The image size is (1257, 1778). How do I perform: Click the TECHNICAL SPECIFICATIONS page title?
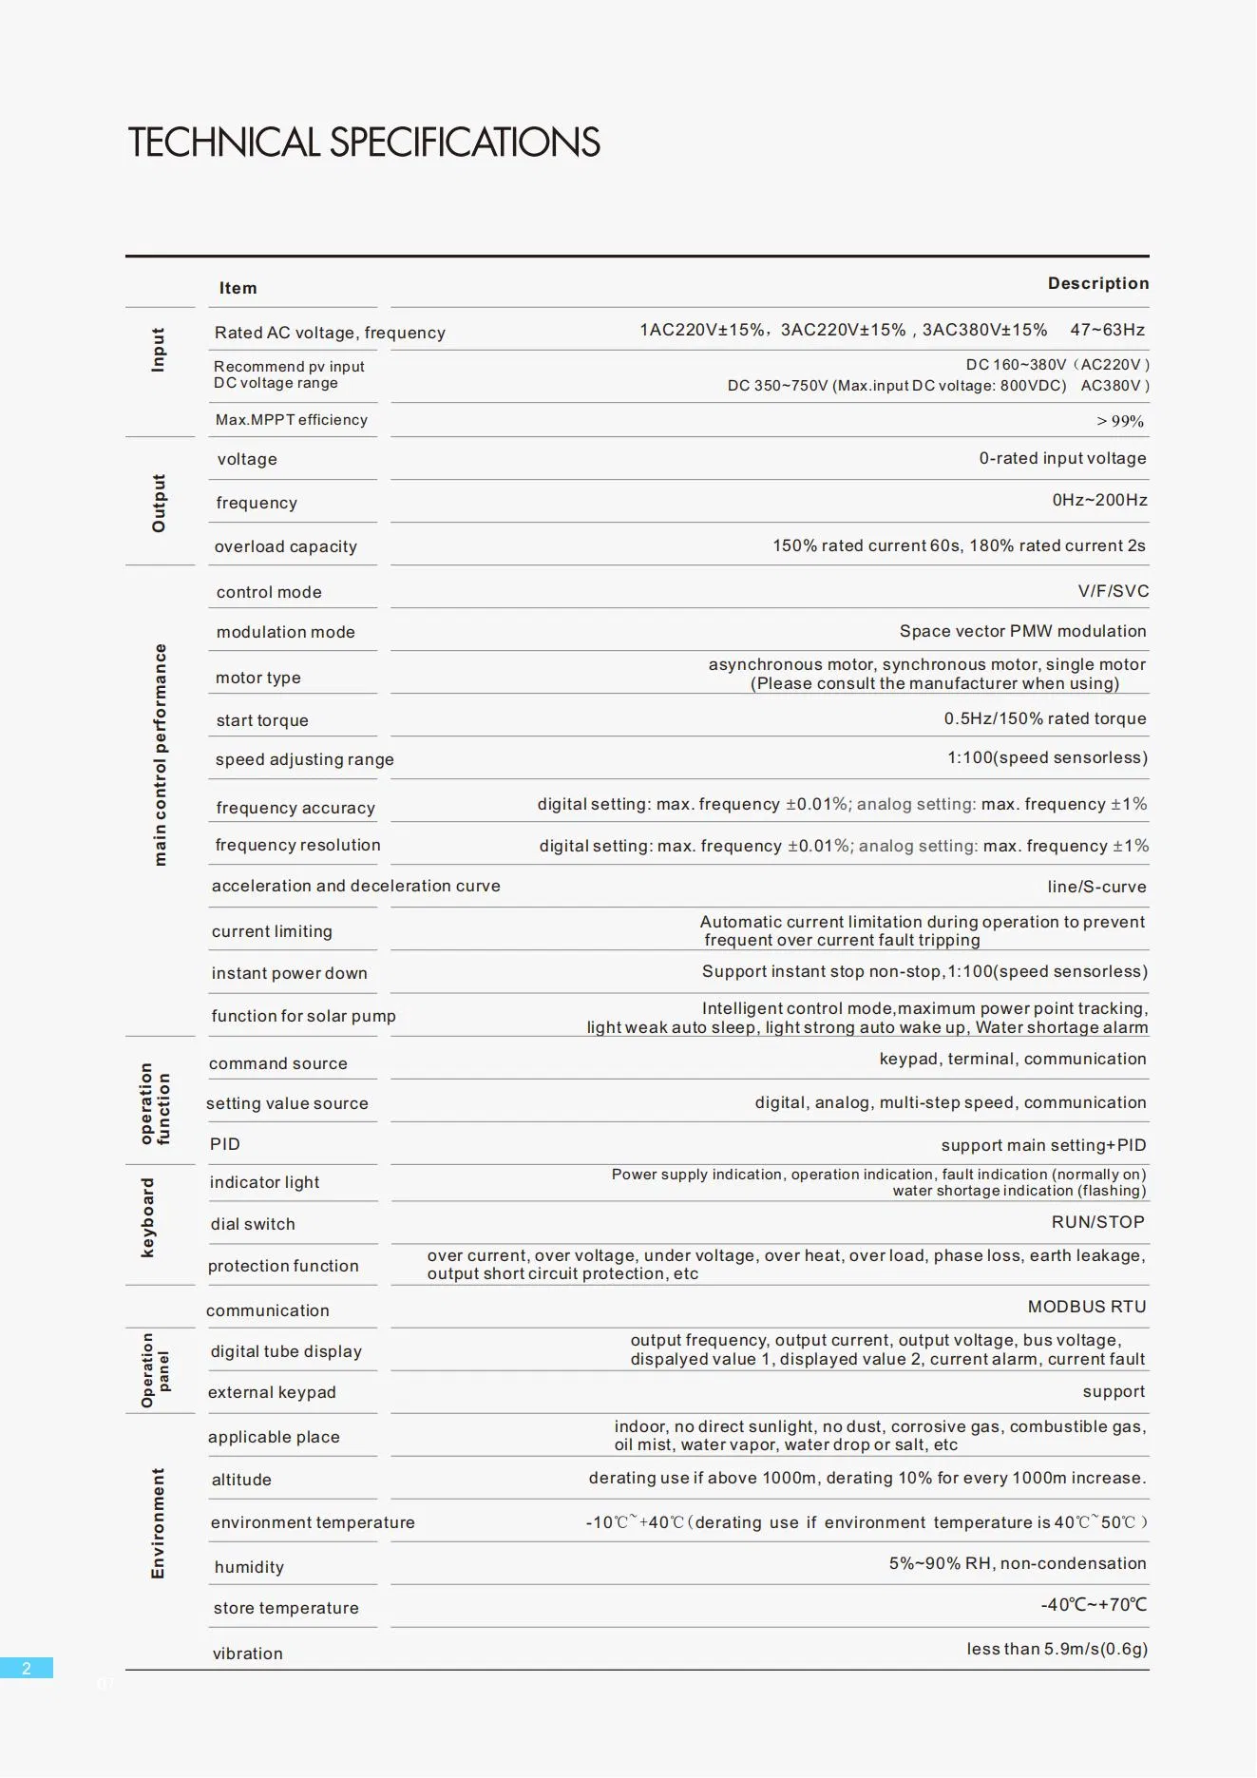pos(364,143)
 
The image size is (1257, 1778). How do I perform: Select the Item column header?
pos(238,288)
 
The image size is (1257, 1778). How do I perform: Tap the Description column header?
pos(1097,283)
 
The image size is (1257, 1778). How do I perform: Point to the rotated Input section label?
pos(159,350)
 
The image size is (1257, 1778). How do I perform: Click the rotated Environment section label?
pos(158,1523)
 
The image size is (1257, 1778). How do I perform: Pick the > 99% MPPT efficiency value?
pos(1120,421)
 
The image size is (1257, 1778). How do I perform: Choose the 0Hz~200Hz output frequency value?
pos(1099,500)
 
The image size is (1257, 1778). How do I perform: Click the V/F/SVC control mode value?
pos(1113,591)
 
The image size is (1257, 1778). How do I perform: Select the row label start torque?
pos(262,720)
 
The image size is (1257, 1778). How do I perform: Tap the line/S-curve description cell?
pos(1096,887)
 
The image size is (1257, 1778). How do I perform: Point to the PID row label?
pos(225,1144)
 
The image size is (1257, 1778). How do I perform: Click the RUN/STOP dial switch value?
pos(1097,1222)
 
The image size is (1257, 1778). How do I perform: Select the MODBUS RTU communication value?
pos(1086,1307)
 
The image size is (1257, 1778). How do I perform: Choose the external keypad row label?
pos(272,1392)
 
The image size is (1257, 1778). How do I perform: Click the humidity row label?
pos(249,1567)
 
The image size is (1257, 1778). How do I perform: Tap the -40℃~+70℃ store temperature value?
pos(1094,1605)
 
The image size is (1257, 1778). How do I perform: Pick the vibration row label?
pos(248,1654)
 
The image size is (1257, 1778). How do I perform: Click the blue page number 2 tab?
pos(27,1668)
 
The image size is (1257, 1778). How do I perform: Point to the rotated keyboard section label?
pos(147,1217)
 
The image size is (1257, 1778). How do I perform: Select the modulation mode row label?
pos(285,632)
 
